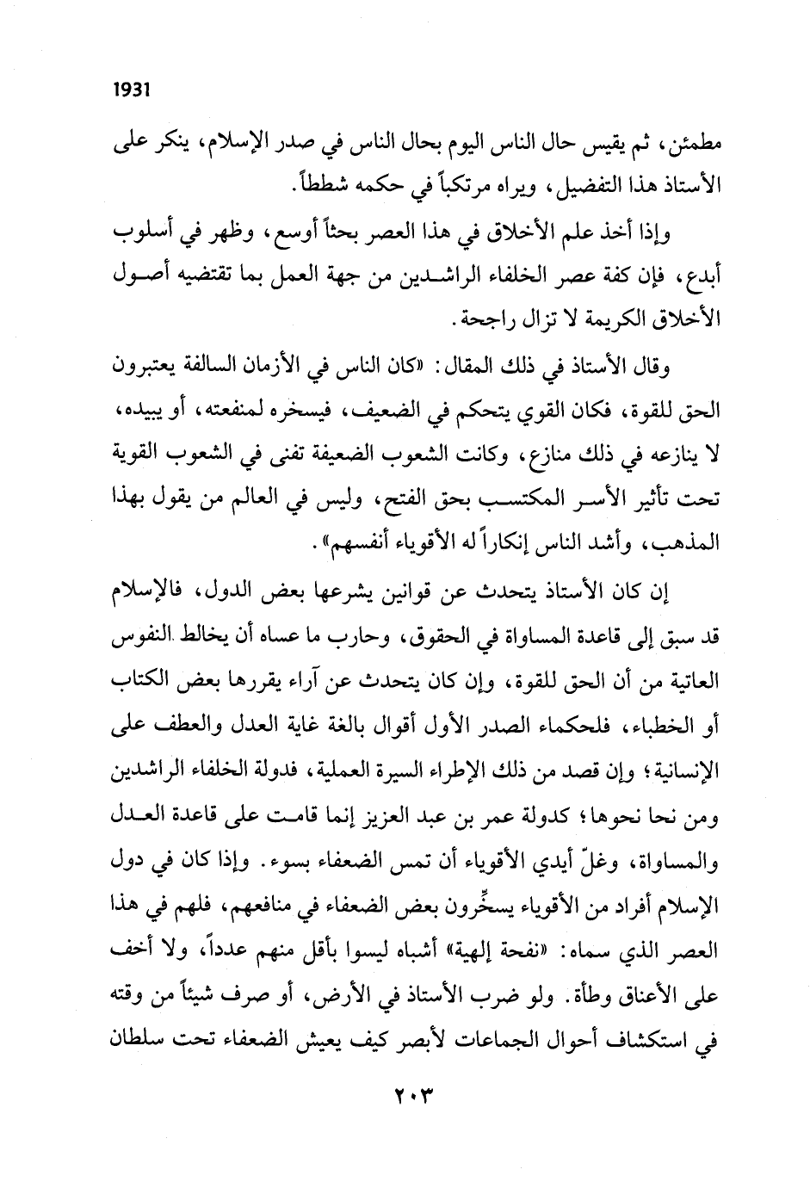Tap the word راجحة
tap(487, 319)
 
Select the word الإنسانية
tap(681, 770)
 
